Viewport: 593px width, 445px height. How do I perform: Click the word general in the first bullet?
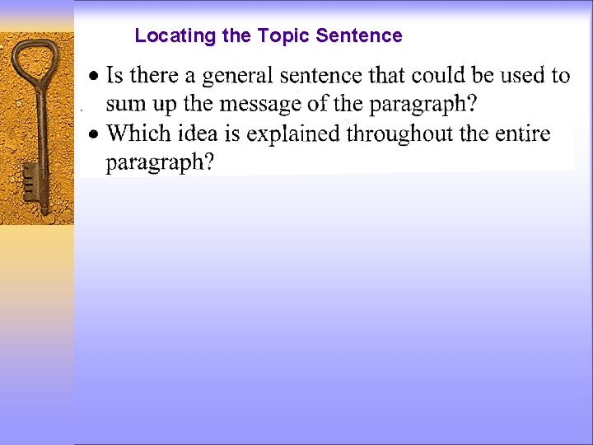tap(238, 77)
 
